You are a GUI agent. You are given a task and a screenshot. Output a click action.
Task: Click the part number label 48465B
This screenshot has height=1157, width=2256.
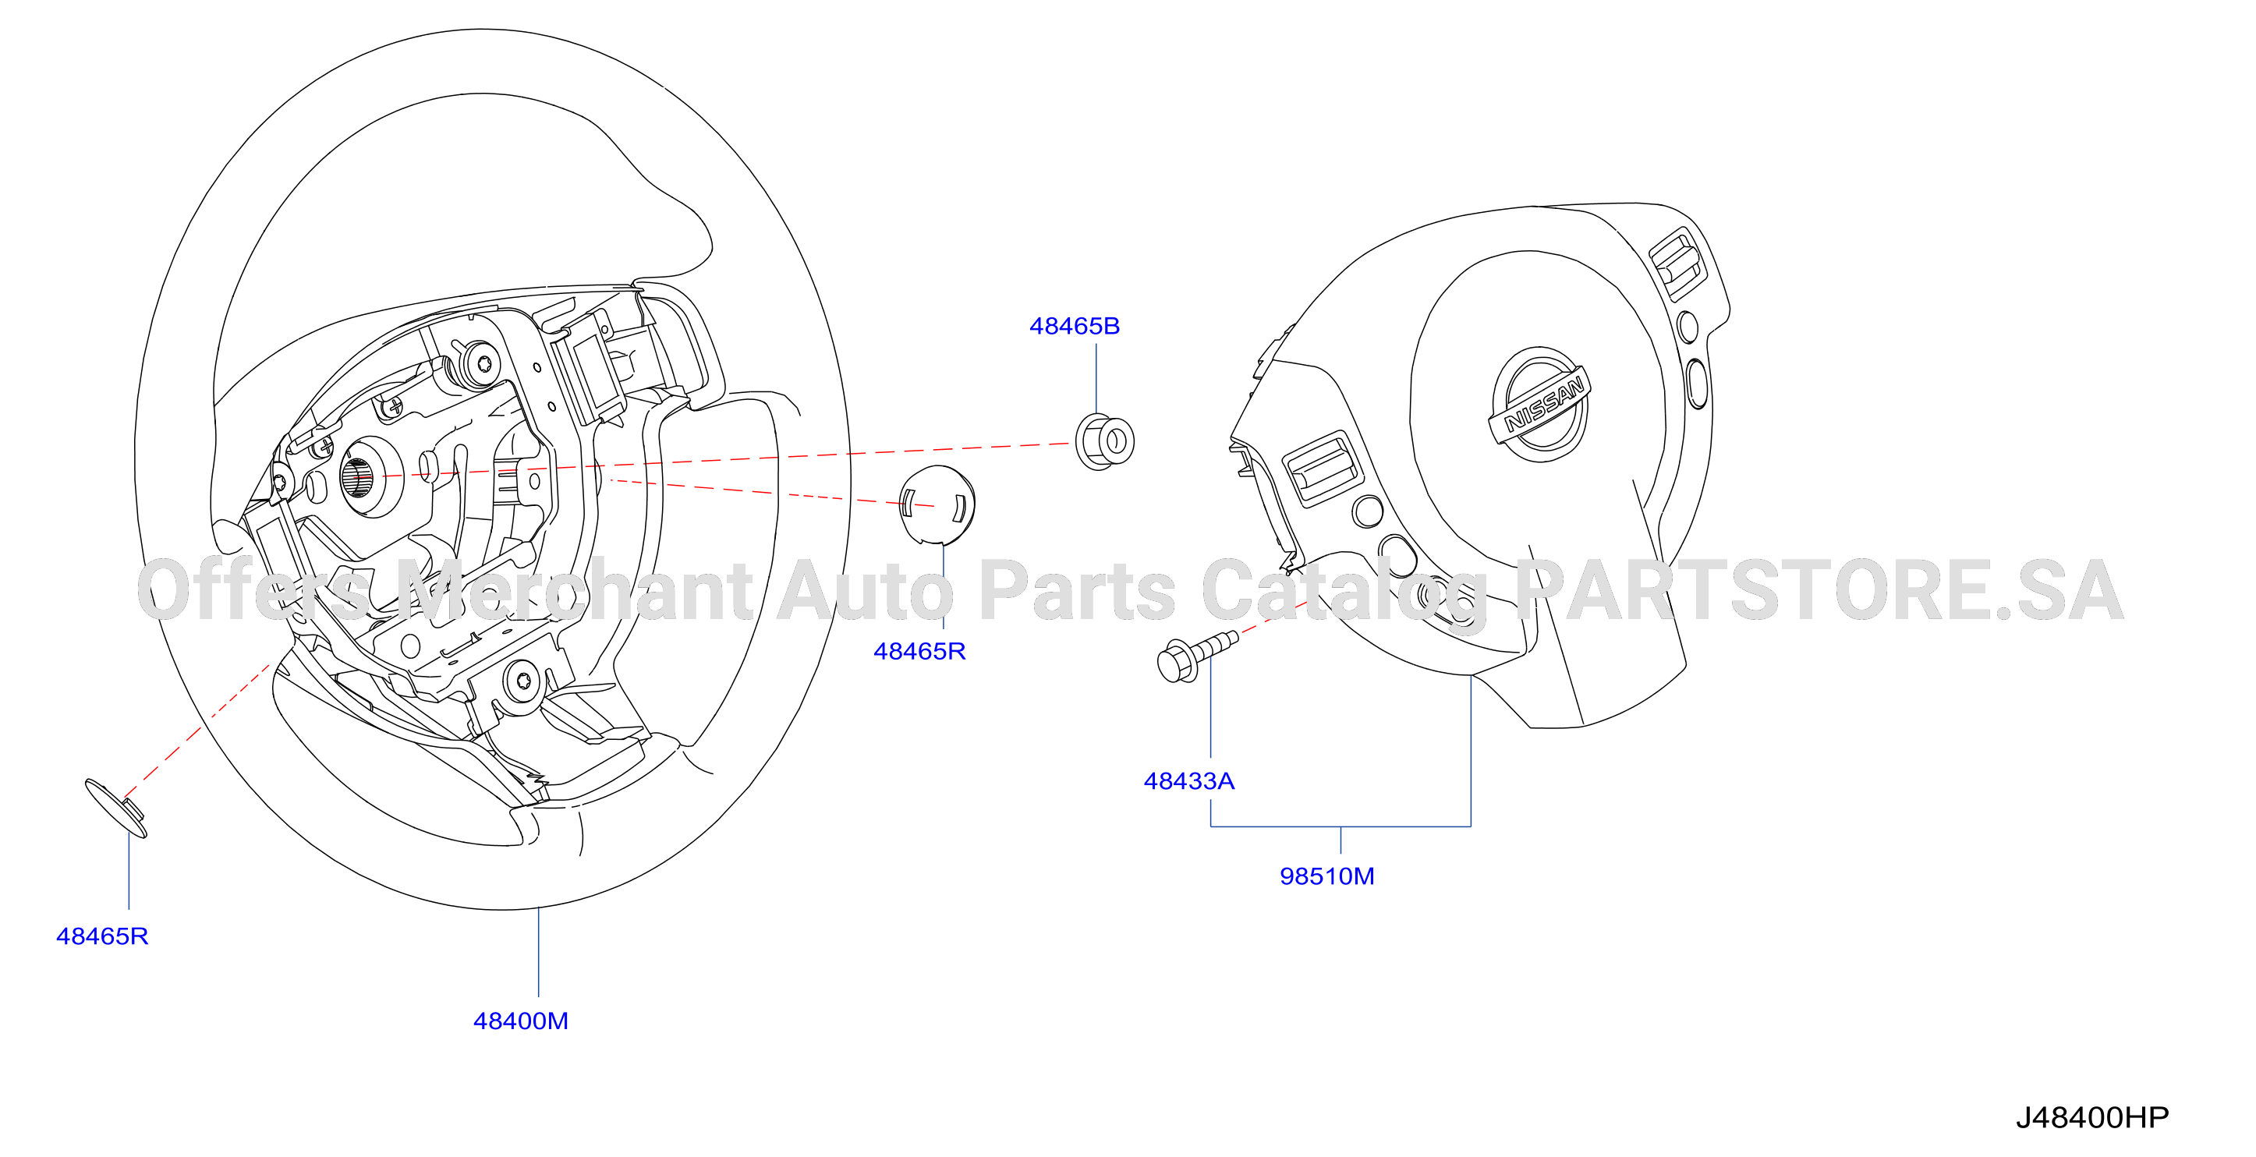tap(1074, 326)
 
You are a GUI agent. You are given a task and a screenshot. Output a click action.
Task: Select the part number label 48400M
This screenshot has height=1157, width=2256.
tap(520, 1021)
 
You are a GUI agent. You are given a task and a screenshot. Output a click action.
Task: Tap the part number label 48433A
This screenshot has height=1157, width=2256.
tap(1188, 780)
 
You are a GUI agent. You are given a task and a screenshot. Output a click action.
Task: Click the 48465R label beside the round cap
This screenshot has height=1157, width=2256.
tap(919, 651)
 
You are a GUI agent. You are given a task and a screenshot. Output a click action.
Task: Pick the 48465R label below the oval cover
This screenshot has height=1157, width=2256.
tap(101, 936)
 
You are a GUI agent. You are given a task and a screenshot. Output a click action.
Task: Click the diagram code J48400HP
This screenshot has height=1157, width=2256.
tap(2091, 1117)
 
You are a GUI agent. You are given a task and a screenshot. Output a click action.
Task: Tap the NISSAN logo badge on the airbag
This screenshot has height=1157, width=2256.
tap(1539, 405)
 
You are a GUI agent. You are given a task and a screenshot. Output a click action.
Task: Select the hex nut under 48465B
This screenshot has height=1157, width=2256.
tap(1104, 441)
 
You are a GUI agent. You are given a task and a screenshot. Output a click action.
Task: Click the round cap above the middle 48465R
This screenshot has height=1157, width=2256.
tap(937, 505)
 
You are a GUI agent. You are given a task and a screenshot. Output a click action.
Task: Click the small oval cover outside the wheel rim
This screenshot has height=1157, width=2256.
tap(115, 808)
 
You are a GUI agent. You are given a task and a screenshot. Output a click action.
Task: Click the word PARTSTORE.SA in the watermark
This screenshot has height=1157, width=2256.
tap(1820, 591)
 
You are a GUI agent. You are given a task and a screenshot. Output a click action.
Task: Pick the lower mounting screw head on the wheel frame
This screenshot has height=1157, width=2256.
tap(522, 680)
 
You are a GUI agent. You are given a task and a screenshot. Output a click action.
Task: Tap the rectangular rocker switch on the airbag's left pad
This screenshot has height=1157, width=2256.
tap(1323, 469)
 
